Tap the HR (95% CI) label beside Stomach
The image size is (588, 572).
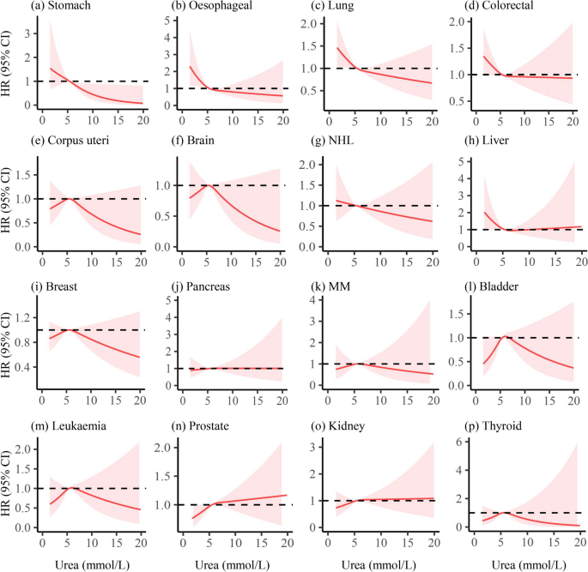point(9,64)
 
